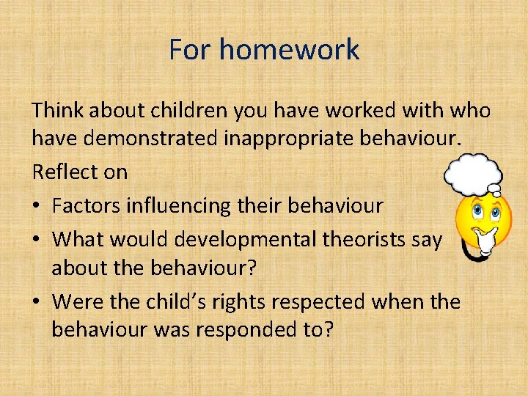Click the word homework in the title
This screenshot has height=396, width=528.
pos(289,50)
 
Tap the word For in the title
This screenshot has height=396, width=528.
pos(190,50)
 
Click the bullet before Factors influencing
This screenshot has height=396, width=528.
pos(37,206)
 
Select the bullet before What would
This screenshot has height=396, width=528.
pos(37,239)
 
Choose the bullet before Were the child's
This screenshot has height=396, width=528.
pos(37,301)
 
